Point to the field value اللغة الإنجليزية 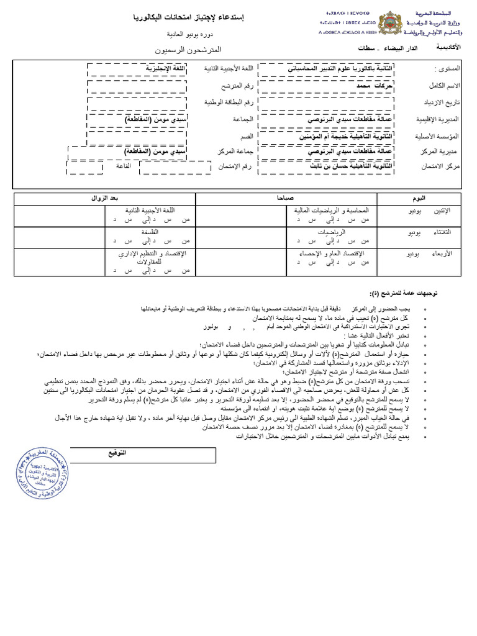(150, 68)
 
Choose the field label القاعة (122, 167)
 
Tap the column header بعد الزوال (104, 198)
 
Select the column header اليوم (420, 198)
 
